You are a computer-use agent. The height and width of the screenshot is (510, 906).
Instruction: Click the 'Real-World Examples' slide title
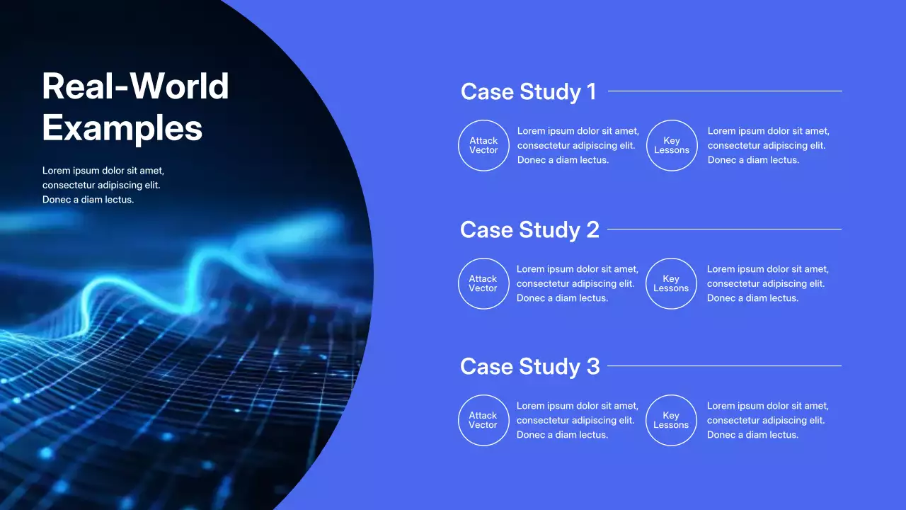pos(135,107)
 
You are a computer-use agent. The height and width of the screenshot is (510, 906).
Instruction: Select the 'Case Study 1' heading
pos(528,91)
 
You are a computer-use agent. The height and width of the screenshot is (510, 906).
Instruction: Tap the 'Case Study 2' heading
pos(529,229)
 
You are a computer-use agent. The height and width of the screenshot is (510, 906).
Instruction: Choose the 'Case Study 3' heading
pos(529,366)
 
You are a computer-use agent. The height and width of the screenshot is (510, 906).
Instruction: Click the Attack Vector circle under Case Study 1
pos(483,145)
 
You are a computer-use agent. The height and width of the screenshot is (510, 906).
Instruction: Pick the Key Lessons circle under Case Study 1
pos(672,145)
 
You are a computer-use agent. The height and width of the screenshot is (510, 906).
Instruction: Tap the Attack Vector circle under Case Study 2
pos(483,283)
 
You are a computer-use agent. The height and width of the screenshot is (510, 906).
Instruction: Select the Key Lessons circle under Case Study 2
pos(671,283)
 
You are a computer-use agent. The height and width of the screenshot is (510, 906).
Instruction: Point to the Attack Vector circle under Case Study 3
pos(483,420)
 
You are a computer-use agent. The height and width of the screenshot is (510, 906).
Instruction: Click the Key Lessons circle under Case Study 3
pos(671,420)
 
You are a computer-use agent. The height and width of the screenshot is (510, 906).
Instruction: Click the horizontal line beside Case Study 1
pos(725,91)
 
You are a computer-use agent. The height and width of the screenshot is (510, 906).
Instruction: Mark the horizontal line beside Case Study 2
pos(724,229)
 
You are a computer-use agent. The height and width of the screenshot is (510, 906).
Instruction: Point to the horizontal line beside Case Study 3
pos(724,365)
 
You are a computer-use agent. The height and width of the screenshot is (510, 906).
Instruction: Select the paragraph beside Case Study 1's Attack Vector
pos(578,145)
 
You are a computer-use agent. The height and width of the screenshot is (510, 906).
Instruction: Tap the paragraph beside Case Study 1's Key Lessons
pos(768,145)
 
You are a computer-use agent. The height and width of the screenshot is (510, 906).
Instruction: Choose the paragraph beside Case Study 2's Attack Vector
pos(577,283)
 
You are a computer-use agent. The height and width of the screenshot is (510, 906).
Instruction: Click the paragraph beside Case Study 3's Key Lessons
pos(767,420)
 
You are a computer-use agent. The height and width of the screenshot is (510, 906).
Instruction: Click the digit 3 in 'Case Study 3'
pos(592,366)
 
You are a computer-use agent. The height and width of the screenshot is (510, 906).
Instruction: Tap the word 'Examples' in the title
pos(122,128)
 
